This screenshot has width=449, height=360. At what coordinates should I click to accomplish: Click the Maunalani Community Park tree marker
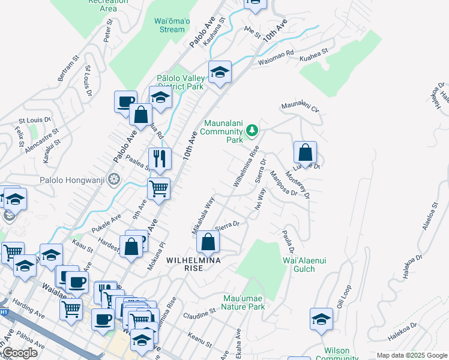(253, 130)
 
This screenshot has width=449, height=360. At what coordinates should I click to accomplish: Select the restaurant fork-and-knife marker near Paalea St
(160, 158)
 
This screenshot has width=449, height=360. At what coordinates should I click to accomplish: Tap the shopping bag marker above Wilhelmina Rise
(208, 242)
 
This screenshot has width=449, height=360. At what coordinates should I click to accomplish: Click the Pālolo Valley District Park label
(180, 82)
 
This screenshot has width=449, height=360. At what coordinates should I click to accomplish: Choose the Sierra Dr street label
(227, 226)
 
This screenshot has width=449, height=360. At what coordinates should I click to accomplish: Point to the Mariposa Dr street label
(283, 183)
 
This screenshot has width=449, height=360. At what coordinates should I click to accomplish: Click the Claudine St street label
(199, 313)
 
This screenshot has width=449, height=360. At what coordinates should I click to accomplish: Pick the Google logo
(20, 353)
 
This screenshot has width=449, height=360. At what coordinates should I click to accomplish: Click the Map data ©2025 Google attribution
(411, 355)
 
